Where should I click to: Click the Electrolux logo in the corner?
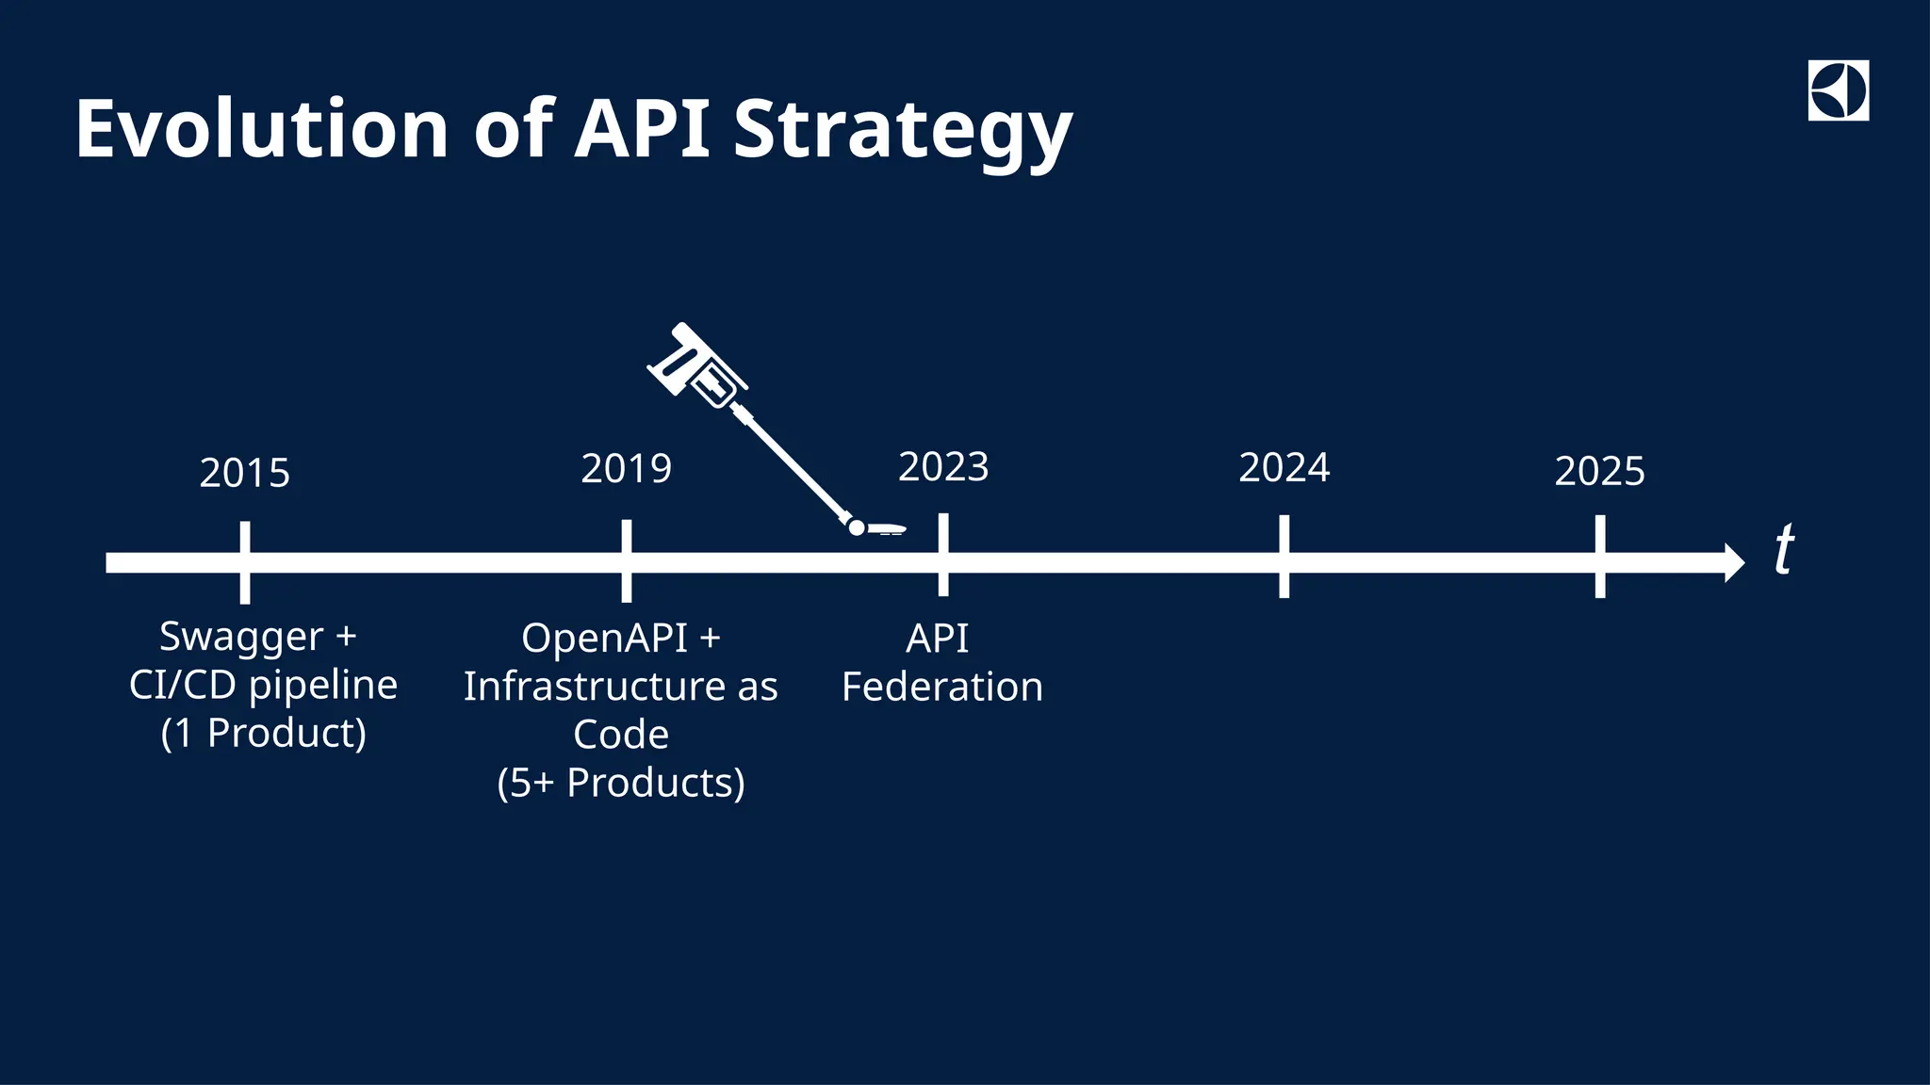(1838, 90)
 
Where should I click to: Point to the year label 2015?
(244, 473)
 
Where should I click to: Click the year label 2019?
(626, 469)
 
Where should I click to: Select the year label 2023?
(943, 467)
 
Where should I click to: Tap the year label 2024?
(1284, 468)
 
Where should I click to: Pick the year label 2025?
(1599, 471)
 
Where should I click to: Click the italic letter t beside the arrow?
(1784, 549)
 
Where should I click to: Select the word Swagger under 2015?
(241, 637)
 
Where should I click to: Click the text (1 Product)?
(263, 733)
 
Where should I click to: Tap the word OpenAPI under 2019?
(604, 639)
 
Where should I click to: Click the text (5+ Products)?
(621, 783)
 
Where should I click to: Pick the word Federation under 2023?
(942, 687)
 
